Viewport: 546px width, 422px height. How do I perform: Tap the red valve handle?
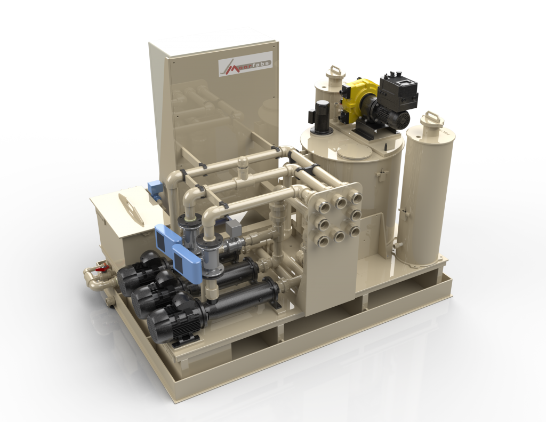tap(99, 270)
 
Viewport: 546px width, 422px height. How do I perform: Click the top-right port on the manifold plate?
tap(356, 198)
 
